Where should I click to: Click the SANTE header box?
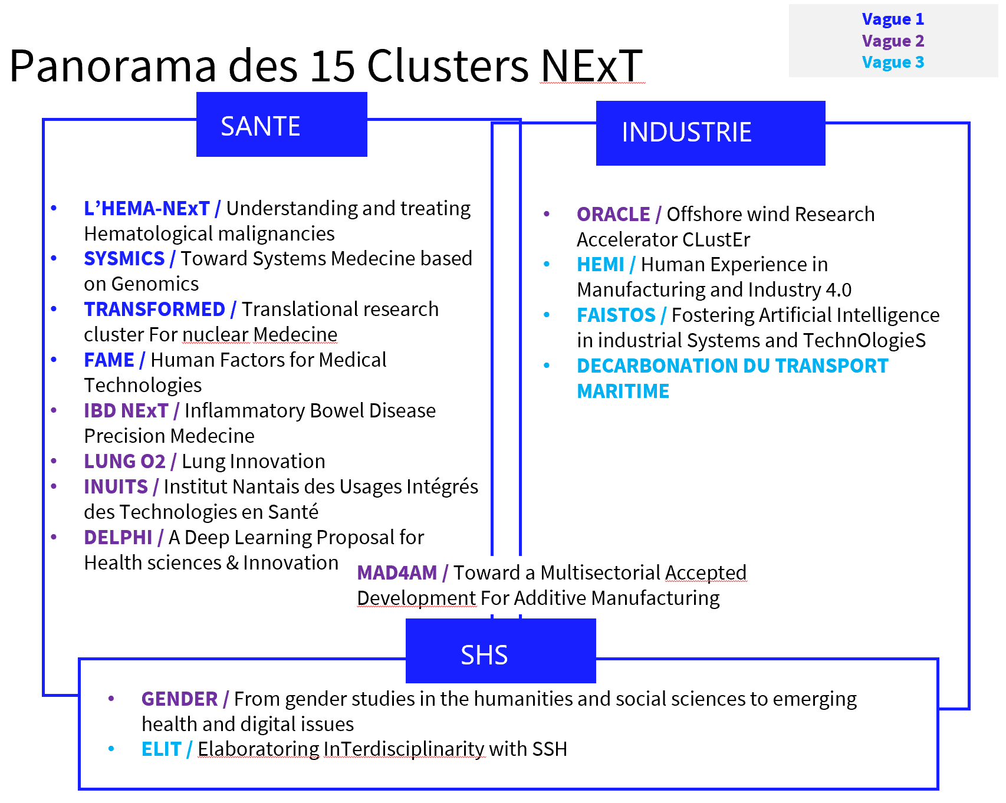(x=281, y=125)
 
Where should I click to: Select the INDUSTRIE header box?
(x=710, y=133)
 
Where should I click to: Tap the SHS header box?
(x=500, y=651)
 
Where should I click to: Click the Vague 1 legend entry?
(x=892, y=19)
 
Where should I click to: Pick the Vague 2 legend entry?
(x=892, y=41)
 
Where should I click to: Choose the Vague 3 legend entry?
(x=892, y=62)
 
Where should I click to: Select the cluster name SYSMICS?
(x=124, y=258)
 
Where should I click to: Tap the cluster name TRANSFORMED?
(x=154, y=309)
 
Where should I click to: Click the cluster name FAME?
(x=109, y=360)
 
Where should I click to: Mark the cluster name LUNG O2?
(x=124, y=461)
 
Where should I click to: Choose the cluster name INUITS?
(x=116, y=486)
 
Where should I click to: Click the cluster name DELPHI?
(x=118, y=537)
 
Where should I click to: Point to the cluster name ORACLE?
(x=613, y=214)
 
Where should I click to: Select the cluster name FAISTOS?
(x=616, y=315)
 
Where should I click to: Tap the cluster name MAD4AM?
(x=397, y=572)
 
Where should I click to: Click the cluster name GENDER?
(x=179, y=699)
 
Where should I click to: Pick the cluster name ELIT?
(x=161, y=749)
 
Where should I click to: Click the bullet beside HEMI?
(x=547, y=264)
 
